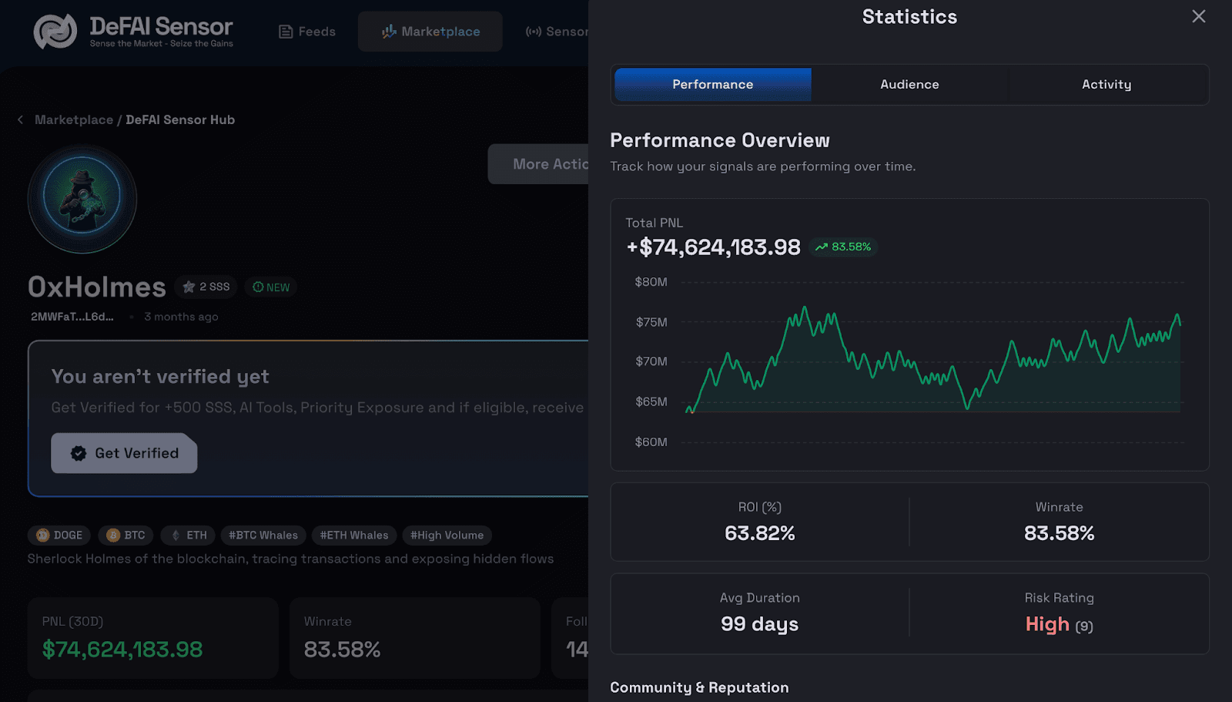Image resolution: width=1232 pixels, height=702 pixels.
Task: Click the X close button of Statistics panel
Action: coord(1198,16)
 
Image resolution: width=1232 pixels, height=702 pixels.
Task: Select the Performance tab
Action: coord(712,84)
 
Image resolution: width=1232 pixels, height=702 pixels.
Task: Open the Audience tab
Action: coord(909,84)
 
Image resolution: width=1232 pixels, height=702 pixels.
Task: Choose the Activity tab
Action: coord(1106,84)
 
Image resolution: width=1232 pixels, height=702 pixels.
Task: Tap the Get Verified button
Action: coord(124,453)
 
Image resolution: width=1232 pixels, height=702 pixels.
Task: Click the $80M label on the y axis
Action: coord(651,282)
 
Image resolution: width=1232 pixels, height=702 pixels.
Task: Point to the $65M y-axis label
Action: coord(651,401)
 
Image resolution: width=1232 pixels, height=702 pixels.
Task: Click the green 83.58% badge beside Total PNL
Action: coord(843,247)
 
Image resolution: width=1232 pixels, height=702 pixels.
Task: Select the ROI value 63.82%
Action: coord(759,533)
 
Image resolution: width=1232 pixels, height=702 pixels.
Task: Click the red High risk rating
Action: coord(1047,624)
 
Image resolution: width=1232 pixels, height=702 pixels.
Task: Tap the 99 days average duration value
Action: coord(759,624)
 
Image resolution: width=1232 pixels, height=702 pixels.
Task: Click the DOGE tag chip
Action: coord(59,535)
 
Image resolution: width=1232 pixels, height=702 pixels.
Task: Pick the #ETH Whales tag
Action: coord(354,535)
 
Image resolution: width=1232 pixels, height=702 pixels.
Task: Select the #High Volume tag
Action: coord(447,535)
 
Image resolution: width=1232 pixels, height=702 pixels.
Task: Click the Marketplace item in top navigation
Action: coord(430,32)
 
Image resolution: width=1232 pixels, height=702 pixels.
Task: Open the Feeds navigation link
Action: coord(307,32)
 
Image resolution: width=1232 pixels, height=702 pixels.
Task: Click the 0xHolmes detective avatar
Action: coord(82,199)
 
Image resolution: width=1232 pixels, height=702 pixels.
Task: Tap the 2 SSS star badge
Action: coord(206,287)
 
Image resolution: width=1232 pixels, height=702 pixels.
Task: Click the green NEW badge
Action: coord(271,287)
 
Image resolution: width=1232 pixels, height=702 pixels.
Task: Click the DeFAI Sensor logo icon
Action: coord(55,31)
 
